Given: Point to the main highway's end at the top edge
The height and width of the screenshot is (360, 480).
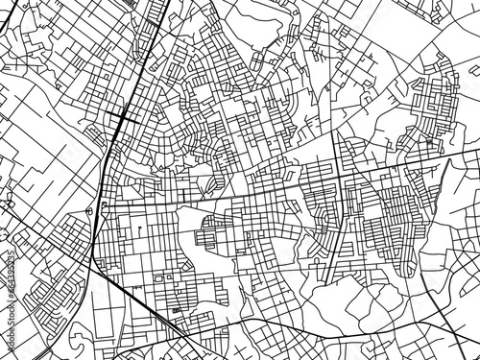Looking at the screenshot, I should (x=165, y=3).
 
